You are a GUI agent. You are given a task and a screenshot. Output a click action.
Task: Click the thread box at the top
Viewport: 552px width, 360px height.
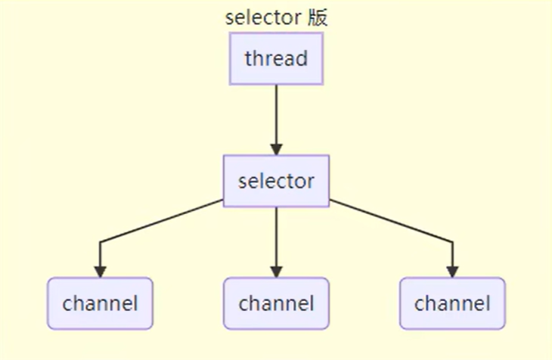pos(276,59)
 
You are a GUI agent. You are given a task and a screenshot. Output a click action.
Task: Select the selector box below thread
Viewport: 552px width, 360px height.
pos(276,182)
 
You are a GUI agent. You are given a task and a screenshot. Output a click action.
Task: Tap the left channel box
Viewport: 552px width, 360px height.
pos(100,304)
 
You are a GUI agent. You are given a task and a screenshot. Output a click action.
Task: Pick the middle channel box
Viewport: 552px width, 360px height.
pos(276,304)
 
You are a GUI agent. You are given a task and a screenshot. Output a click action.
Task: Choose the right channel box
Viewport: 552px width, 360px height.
pos(452,304)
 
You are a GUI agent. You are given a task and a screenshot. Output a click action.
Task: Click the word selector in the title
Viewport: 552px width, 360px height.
pos(262,18)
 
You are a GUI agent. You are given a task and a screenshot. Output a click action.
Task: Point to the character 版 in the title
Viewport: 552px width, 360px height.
pos(318,18)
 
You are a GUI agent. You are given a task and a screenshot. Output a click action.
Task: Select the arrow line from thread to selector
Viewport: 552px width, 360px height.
pos(276,113)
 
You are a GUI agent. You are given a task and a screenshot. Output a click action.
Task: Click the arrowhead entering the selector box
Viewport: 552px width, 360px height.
pos(276,149)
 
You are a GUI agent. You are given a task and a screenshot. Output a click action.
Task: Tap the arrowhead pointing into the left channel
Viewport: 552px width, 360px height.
pos(100,271)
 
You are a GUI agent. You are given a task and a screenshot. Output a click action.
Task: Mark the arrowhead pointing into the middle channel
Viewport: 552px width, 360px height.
pos(276,271)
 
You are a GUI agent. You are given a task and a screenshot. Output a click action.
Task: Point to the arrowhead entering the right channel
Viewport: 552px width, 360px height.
pos(452,271)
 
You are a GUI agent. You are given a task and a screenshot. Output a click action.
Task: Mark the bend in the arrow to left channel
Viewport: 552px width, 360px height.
pos(100,242)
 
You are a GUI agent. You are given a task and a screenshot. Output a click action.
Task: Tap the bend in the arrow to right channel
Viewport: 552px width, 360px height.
pos(452,242)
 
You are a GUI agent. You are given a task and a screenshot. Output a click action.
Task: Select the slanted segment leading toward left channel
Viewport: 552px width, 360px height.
pos(163,222)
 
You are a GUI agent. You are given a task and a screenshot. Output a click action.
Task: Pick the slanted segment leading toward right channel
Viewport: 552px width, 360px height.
pos(389,222)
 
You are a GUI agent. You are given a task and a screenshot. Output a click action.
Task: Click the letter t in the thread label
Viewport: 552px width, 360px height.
pos(247,59)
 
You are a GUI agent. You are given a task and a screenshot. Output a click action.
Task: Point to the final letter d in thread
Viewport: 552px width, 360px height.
pos(302,59)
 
